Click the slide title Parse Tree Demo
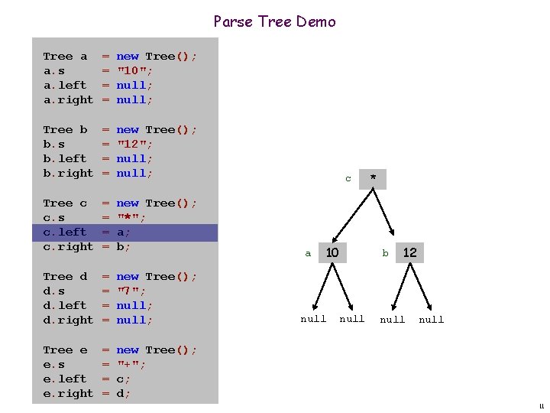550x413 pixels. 274,21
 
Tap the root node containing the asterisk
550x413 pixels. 373,178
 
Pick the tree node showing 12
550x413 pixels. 409,252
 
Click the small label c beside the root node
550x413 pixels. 348,179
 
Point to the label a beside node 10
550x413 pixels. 308,253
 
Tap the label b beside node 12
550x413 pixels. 386,253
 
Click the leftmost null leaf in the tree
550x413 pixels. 313,319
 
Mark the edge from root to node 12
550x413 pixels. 391,215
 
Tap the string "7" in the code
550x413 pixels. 131,291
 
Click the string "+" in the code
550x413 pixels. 131,365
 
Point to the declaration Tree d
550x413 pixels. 65,277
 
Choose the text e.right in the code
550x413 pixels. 68,394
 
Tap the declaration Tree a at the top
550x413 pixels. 65,57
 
